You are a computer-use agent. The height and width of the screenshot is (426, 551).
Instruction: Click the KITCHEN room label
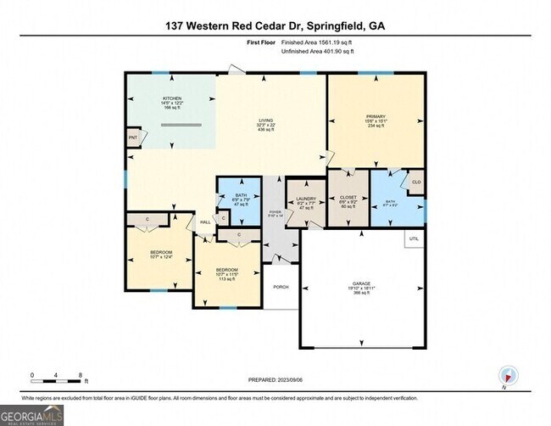pyautogui.click(x=172, y=98)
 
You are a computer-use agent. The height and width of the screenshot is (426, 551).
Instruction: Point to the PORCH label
pyautogui.click(x=281, y=287)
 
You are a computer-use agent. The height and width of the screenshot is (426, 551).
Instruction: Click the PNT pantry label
pyautogui.click(x=133, y=137)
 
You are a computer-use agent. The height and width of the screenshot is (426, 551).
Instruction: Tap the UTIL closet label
pyautogui.click(x=414, y=239)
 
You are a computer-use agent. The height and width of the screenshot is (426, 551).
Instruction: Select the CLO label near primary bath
pyautogui.click(x=415, y=182)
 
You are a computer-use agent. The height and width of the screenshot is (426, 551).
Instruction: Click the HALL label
pyautogui.click(x=205, y=223)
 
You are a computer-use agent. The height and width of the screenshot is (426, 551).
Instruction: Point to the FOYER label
pyautogui.click(x=273, y=213)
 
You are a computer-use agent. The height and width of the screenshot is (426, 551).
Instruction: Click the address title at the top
pyautogui.click(x=275, y=26)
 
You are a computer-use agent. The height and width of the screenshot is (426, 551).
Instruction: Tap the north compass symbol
pyautogui.click(x=507, y=374)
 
